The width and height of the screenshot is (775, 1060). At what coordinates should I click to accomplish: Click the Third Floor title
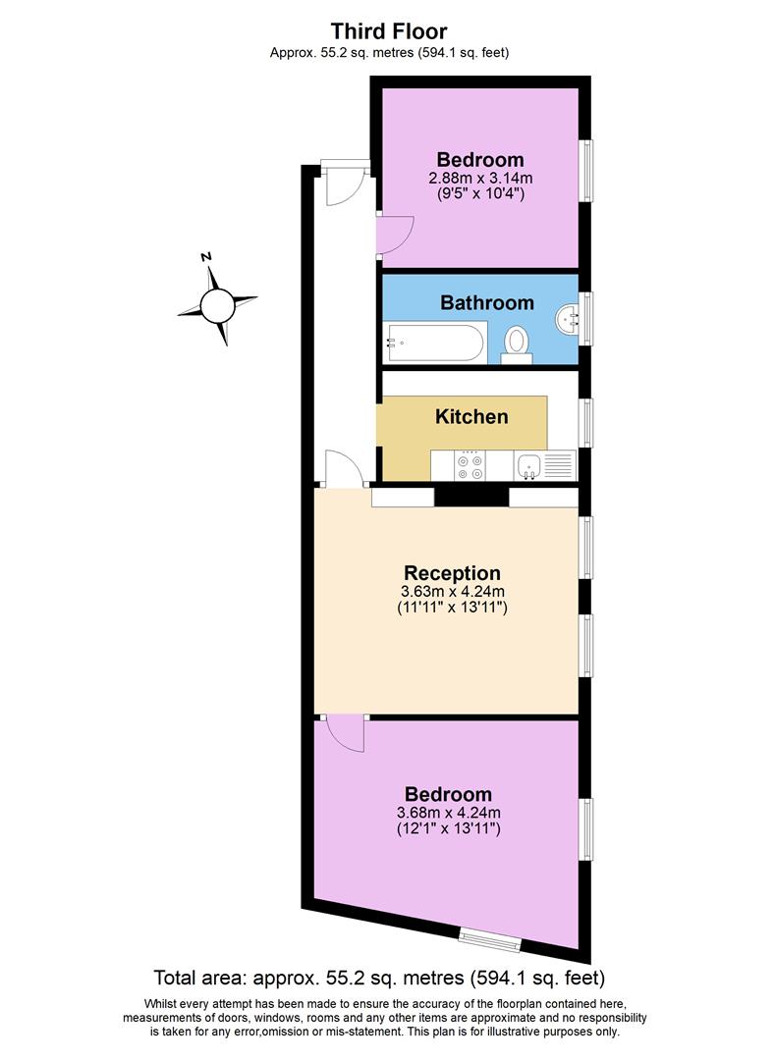pyautogui.click(x=389, y=31)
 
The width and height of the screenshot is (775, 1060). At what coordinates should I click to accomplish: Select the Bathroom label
pyautogui.click(x=486, y=302)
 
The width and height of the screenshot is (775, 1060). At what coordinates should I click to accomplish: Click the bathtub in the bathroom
pyautogui.click(x=433, y=343)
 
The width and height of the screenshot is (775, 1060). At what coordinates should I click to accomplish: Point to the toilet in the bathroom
pyautogui.click(x=517, y=343)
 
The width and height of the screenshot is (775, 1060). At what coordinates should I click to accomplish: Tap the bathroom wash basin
pyautogui.click(x=567, y=318)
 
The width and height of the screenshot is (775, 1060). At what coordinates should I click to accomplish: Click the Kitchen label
pyautogui.click(x=471, y=416)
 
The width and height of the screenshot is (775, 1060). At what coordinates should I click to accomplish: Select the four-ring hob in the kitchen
pyautogui.click(x=469, y=465)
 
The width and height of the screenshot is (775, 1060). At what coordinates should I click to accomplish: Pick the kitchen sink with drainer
pyautogui.click(x=543, y=465)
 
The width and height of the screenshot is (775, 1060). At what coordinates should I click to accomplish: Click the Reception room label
pyautogui.click(x=452, y=572)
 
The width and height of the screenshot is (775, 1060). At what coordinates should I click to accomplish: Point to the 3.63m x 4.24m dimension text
pyautogui.click(x=453, y=591)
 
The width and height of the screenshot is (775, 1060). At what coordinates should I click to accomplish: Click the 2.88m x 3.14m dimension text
pyautogui.click(x=480, y=179)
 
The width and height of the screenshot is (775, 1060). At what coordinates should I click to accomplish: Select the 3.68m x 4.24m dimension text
pyautogui.click(x=449, y=812)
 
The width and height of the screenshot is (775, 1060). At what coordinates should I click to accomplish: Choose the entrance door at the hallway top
pyautogui.click(x=345, y=183)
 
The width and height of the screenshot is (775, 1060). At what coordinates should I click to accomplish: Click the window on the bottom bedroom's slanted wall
pyautogui.click(x=491, y=939)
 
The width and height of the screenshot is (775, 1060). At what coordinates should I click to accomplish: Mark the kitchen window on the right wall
pyautogui.click(x=586, y=422)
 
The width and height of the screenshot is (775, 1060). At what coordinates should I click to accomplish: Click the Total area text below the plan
pyautogui.click(x=379, y=978)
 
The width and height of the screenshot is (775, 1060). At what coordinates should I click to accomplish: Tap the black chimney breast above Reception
pyautogui.click(x=471, y=497)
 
